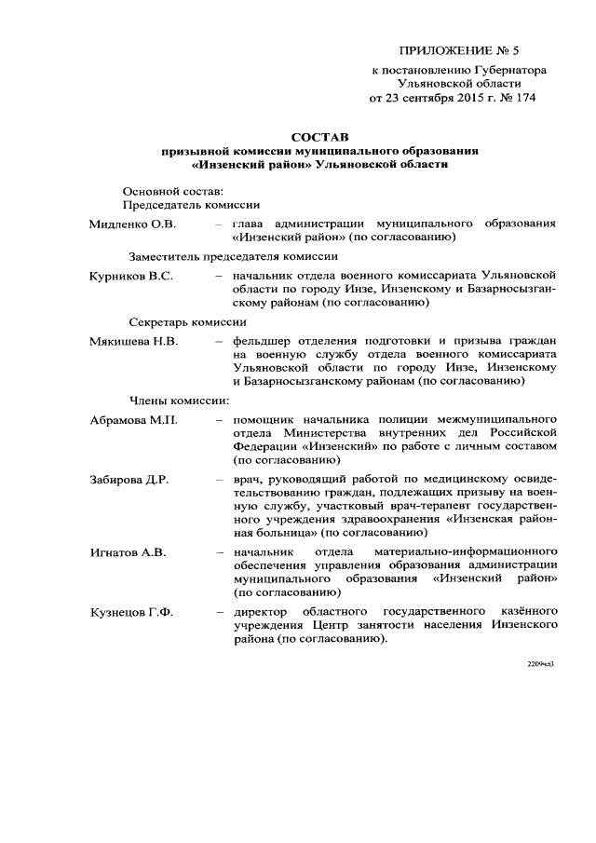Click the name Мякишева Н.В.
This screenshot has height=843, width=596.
tap(133, 342)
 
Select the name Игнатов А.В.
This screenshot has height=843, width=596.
tap(128, 552)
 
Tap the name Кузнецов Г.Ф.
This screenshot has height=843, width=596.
tap(131, 612)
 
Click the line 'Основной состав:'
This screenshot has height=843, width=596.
tap(173, 191)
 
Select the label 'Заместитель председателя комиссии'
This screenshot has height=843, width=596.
tap(233, 256)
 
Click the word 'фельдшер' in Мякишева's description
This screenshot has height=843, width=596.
tap(265, 342)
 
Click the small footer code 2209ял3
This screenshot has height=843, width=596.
tap(540, 663)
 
